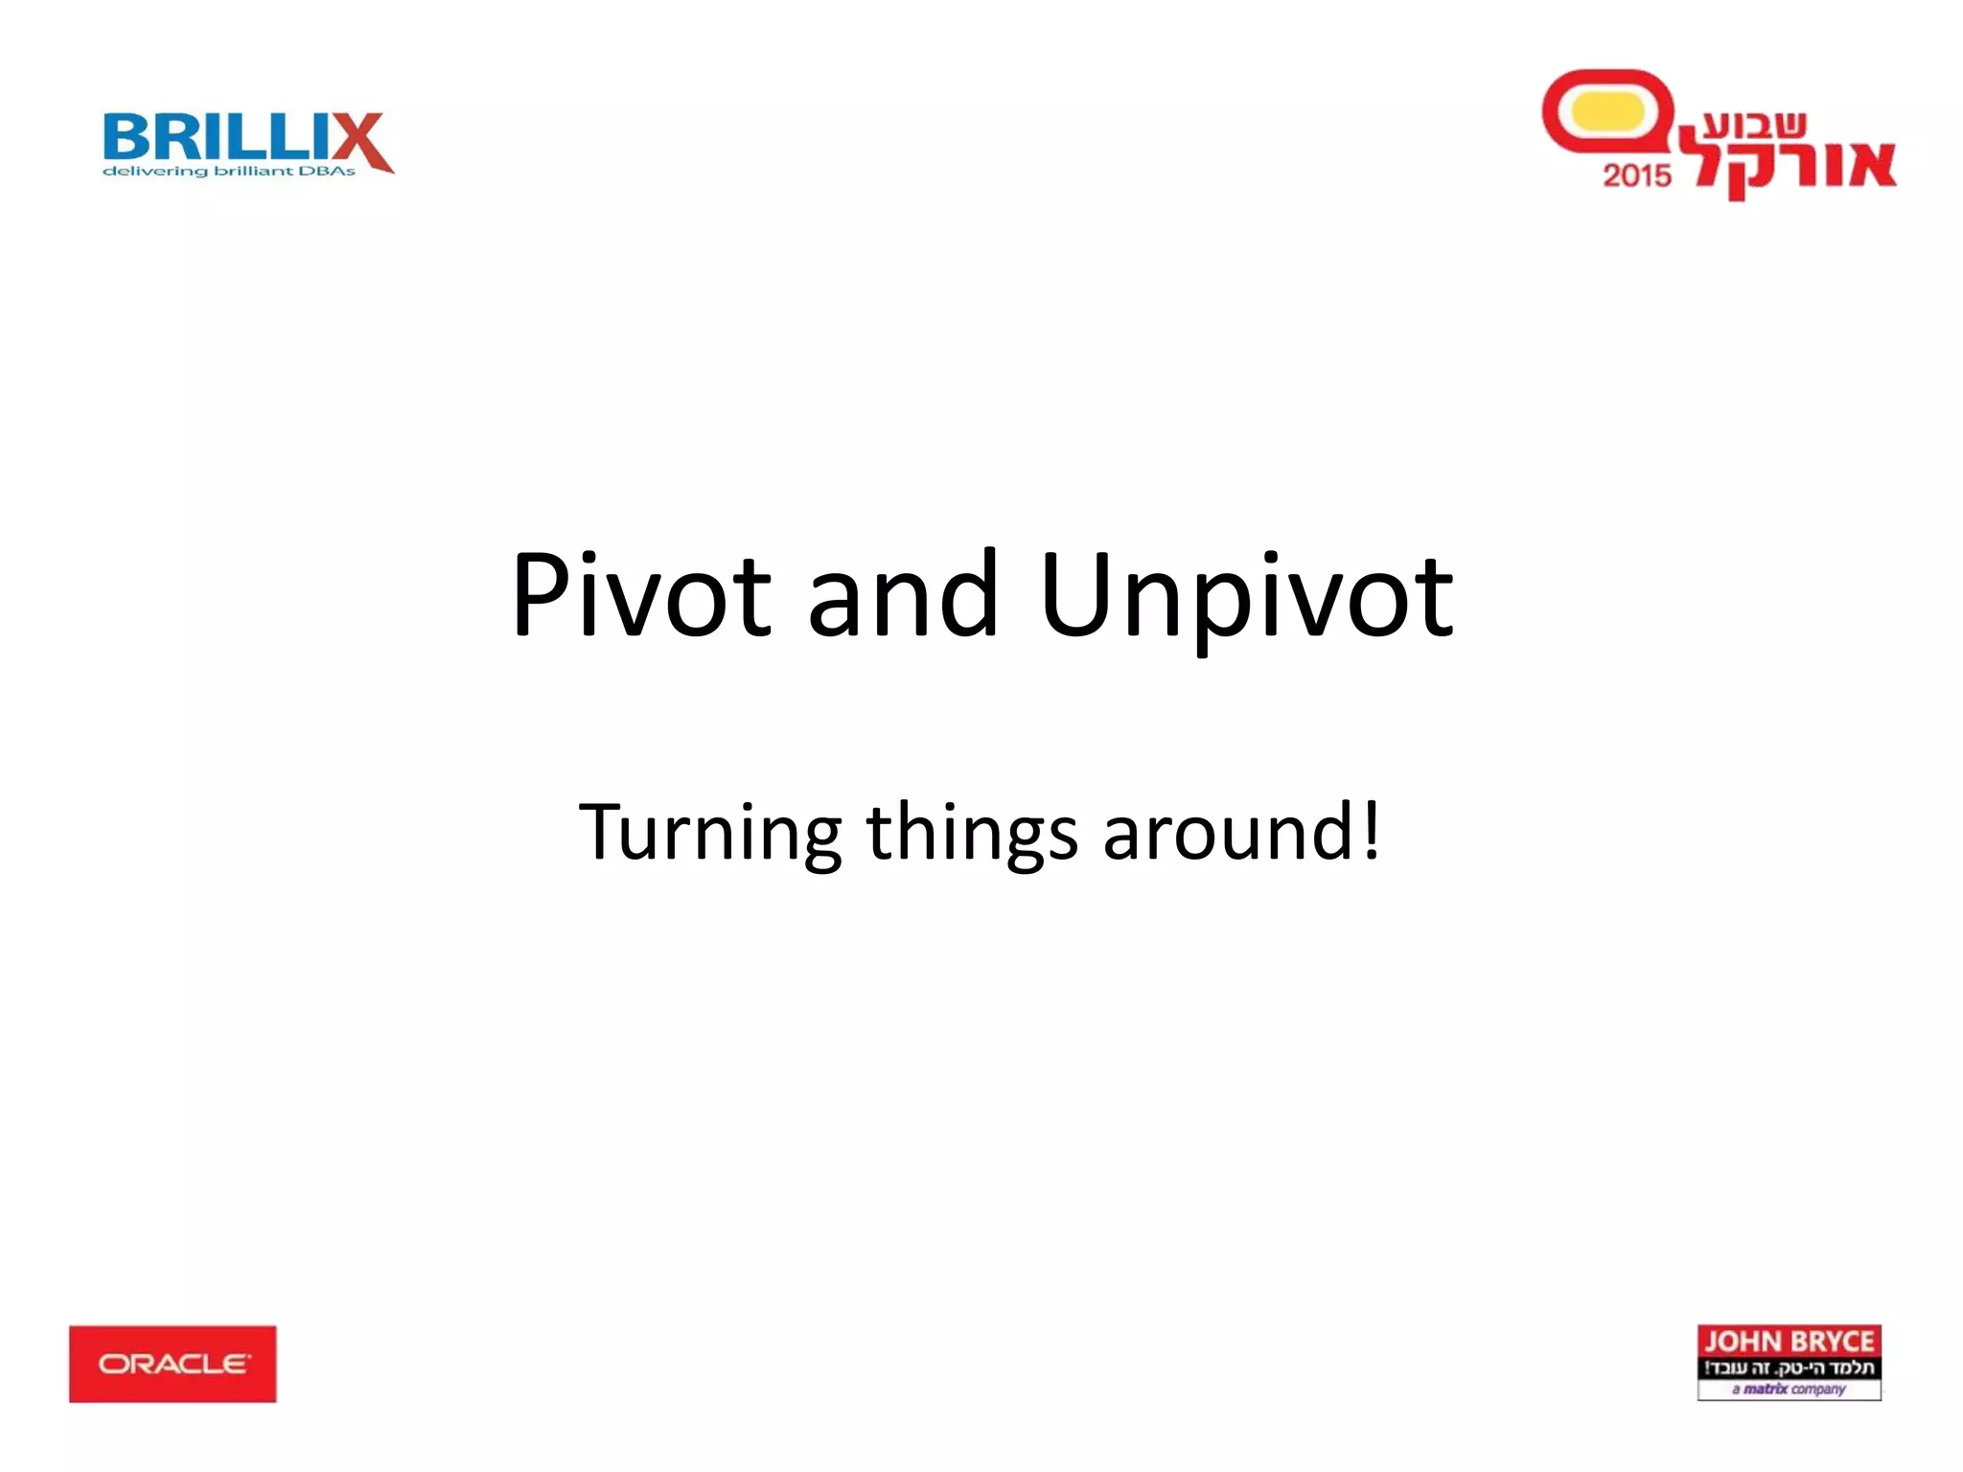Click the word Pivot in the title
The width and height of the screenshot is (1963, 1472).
[640, 596]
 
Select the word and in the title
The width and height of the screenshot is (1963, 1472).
[903, 596]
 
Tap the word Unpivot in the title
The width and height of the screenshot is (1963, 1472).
[1246, 596]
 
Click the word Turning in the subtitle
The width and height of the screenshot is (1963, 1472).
[709, 832]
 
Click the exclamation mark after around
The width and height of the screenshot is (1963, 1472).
[1372, 830]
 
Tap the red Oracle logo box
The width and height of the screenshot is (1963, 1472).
[173, 1364]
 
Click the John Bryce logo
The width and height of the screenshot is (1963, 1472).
[1789, 1362]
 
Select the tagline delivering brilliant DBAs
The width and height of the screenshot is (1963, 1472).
[229, 172]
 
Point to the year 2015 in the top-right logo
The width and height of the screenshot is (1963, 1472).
[1636, 175]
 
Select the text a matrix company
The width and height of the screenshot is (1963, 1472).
[1789, 1389]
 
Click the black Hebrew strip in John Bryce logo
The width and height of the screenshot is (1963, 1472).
[1789, 1368]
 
